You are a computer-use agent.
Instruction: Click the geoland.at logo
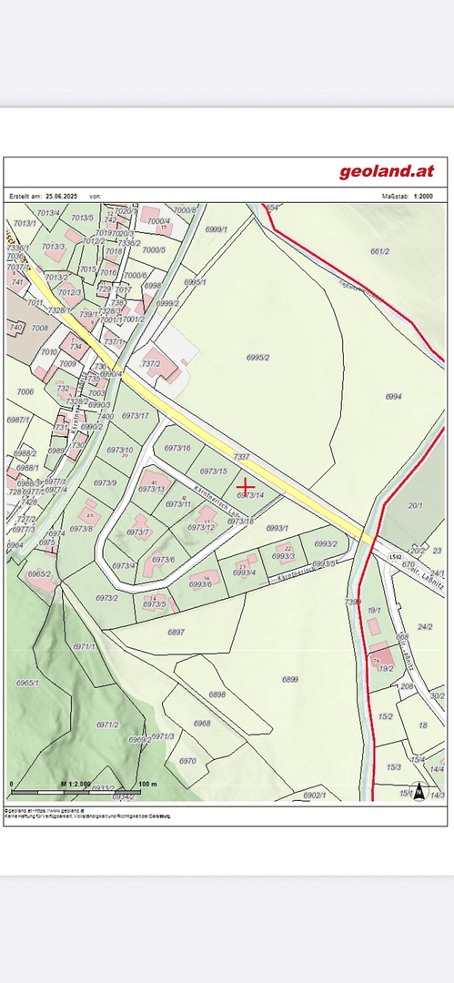pos(387,171)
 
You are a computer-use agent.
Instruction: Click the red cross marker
pos(247,487)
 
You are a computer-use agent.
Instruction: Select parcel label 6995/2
pos(257,358)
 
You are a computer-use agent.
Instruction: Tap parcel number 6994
pos(393,397)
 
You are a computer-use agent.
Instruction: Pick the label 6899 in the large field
pos(290,679)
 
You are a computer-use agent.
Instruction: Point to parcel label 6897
pos(177,631)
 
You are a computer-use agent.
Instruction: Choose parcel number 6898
pos(217,694)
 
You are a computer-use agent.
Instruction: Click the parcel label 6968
pos(202,724)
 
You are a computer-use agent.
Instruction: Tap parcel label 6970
pos(187,761)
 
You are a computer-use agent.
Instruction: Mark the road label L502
pos(394,555)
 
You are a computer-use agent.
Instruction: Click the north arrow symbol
pos(419,791)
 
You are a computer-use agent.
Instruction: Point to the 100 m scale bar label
pos(148,784)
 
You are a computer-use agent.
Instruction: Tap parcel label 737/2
pos(150,363)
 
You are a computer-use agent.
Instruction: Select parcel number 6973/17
pos(135,416)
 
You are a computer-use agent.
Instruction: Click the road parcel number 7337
pos(241,456)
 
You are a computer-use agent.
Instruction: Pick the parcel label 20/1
pos(416,505)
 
